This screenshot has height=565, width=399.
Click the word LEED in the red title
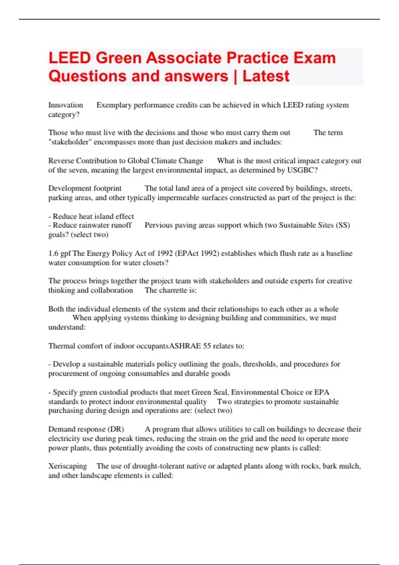[69, 58]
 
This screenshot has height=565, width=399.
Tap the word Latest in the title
[266, 76]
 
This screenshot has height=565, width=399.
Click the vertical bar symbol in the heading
[235, 76]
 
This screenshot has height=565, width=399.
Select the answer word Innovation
[66, 105]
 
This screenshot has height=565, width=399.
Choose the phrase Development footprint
[85, 188]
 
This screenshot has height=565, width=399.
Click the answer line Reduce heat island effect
[93, 216]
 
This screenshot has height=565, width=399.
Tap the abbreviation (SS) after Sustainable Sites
[343, 225]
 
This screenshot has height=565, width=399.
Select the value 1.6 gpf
[60, 253]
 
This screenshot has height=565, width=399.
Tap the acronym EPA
[322, 392]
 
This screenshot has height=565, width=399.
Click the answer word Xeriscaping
[67, 466]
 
